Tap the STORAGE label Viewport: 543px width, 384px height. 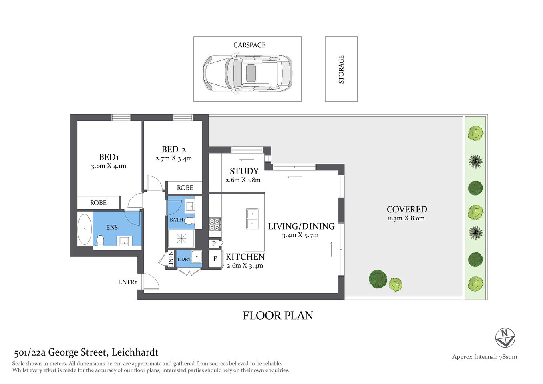point(341,69)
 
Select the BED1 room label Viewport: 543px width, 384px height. point(109,157)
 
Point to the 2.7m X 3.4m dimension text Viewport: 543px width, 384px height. point(174,158)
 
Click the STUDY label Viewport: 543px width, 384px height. point(244,171)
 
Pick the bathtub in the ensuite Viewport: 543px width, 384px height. point(84,229)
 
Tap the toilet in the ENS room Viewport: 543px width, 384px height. point(100,240)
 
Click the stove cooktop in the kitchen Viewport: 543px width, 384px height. point(215,224)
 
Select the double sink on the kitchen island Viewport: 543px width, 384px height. point(252,218)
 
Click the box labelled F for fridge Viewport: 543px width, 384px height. point(215,259)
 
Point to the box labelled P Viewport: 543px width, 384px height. point(214,243)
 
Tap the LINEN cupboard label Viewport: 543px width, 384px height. point(171,259)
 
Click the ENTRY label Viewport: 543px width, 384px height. point(128,282)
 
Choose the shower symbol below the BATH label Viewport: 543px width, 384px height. point(181,239)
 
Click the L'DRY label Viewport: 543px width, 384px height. point(184,259)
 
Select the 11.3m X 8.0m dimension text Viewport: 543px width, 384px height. point(406,218)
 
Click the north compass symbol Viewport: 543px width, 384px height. point(505,338)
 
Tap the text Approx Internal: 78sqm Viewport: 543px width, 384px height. point(485,357)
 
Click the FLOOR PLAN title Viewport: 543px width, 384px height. point(278,316)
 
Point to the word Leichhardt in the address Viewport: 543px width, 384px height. point(135,352)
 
